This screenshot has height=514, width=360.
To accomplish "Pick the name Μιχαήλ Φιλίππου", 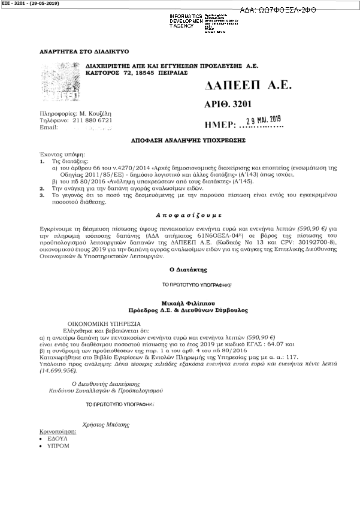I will coord(179,304).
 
